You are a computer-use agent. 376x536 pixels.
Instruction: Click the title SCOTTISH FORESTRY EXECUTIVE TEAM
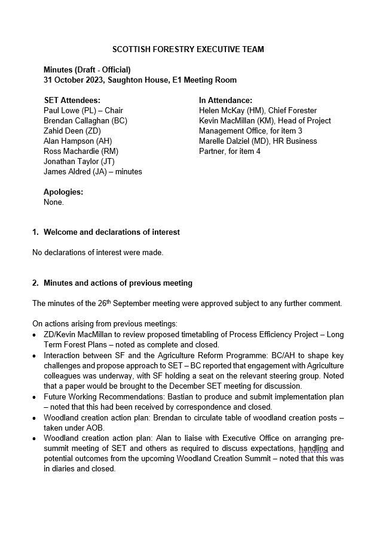click(x=188, y=50)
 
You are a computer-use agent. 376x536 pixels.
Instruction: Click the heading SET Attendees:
click(x=72, y=101)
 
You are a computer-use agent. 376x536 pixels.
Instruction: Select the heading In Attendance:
click(x=225, y=101)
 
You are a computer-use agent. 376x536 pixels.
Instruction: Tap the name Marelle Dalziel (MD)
click(x=236, y=141)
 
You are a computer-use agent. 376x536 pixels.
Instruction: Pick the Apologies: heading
click(x=63, y=192)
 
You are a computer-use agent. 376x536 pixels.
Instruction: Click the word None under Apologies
click(x=53, y=202)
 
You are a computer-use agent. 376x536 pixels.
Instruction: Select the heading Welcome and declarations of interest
click(x=111, y=232)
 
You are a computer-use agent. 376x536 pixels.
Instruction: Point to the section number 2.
click(x=35, y=283)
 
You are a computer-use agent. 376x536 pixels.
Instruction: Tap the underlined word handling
click(x=313, y=449)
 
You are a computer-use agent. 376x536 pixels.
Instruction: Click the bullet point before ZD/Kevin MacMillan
click(x=35, y=334)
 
